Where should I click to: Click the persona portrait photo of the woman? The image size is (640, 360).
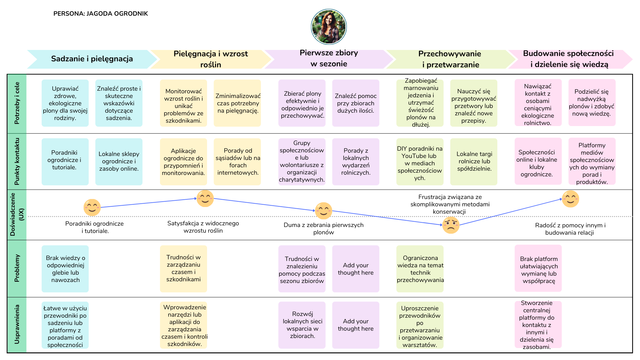pos(329,27)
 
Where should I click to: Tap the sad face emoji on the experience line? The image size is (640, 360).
pos(451,225)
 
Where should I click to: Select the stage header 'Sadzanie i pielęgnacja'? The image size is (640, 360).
pos(92,59)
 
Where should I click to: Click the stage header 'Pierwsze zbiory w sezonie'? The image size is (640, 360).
pos(329,59)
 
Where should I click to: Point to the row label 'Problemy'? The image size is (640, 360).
pos(17,268)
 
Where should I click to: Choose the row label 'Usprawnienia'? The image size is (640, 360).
pos(17,324)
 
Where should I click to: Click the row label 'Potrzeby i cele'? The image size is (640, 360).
pos(17,103)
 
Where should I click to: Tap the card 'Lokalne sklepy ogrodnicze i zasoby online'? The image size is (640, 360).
pos(119,162)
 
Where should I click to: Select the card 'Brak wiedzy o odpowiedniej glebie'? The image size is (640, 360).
pos(65,269)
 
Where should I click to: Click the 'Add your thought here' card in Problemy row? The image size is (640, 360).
pos(356,269)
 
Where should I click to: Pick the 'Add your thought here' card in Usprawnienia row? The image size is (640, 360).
pos(356,325)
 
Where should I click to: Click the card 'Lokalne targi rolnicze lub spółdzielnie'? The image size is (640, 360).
pos(474,162)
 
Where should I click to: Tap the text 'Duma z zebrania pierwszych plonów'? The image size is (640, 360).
pos(323,229)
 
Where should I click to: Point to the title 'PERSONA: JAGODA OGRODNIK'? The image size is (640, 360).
pos(100,14)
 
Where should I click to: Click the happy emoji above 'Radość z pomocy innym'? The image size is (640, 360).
pos(570,199)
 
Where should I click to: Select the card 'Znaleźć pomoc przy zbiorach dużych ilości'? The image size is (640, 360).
pos(356,103)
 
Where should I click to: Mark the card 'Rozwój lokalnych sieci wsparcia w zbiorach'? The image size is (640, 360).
pos(302,325)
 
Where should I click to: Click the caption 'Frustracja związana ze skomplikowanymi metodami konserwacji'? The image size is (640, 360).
pos(450,204)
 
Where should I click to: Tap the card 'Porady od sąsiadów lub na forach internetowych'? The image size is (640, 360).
pos(237,162)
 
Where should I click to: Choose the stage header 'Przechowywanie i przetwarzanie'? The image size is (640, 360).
pos(450,59)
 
